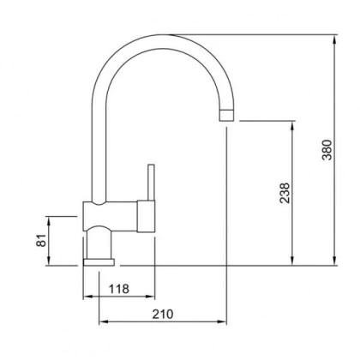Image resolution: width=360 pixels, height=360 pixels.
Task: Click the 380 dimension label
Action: pos(327,150)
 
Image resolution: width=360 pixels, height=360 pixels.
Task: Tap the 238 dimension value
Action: pos(285,193)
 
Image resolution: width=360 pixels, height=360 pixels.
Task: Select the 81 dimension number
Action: pos(41,240)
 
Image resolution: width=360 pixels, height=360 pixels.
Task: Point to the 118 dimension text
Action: pos(119,289)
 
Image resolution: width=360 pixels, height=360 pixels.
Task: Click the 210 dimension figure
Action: pos(163,314)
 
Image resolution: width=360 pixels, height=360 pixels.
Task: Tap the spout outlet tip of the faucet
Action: pos(226,115)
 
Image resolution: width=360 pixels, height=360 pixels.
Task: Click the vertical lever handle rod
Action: pos(151,183)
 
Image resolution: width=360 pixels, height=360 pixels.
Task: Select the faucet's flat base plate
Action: pos(99,262)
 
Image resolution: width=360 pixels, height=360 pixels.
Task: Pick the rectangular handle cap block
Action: pos(146,216)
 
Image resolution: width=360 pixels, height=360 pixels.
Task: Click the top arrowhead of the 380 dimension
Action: pos(335,39)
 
